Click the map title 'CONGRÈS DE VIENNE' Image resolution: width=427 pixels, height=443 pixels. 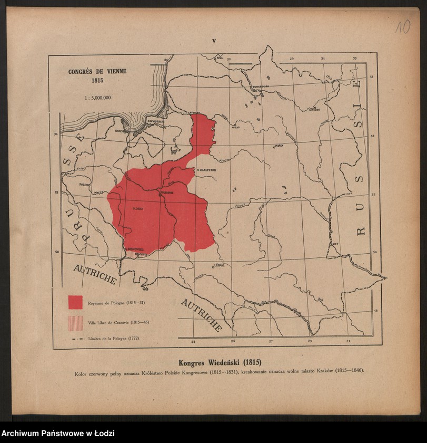[x=97, y=72]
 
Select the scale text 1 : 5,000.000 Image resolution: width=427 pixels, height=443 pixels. [x=97, y=97]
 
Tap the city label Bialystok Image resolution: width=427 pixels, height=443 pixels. [x=207, y=170]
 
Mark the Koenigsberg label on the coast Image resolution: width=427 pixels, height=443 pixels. [x=157, y=121]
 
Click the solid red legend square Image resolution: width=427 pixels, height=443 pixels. [x=75, y=302]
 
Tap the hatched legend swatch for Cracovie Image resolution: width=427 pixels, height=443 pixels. [x=75, y=322]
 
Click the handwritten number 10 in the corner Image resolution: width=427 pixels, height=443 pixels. [x=403, y=27]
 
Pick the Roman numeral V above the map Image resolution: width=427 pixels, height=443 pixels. [x=214, y=41]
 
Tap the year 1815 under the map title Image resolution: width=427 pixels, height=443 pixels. [x=97, y=81]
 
